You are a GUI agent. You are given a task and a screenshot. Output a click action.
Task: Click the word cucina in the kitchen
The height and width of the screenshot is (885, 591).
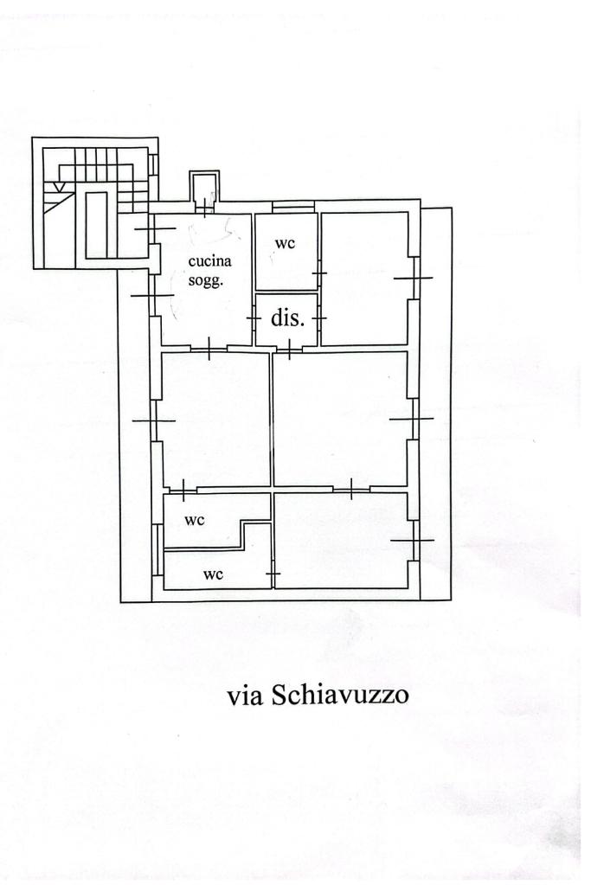pos(210,260)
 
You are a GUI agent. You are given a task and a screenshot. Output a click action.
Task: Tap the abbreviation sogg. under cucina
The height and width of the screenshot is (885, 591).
pos(207,279)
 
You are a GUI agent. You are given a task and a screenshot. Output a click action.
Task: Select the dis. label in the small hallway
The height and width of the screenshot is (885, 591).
pos(287,317)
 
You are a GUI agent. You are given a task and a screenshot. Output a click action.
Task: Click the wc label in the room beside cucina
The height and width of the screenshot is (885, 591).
pos(285,243)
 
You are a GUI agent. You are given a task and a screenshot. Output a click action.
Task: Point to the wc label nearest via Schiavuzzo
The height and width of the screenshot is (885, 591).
pos(213,574)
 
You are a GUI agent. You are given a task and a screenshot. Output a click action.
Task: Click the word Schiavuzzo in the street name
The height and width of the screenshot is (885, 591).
pos(339,695)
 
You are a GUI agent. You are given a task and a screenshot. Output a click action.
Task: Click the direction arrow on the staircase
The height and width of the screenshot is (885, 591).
pos(56,185)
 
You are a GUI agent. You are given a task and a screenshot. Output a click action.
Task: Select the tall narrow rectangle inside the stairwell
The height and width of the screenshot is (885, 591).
pos(96,225)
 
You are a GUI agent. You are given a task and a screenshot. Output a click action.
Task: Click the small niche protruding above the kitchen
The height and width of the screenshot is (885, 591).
pos(204,189)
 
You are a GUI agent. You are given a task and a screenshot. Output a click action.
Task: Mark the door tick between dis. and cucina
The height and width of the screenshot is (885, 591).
pos(254,318)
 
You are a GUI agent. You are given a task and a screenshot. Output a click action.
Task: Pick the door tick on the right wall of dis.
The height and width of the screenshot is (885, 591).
pos(319,318)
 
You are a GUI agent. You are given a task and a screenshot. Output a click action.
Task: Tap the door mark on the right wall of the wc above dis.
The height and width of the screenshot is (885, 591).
pos(319,274)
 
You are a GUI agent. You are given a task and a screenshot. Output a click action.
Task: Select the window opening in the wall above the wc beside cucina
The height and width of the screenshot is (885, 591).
pos(292,206)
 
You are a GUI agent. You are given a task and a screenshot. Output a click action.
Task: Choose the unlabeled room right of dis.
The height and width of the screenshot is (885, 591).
pos(364,278)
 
